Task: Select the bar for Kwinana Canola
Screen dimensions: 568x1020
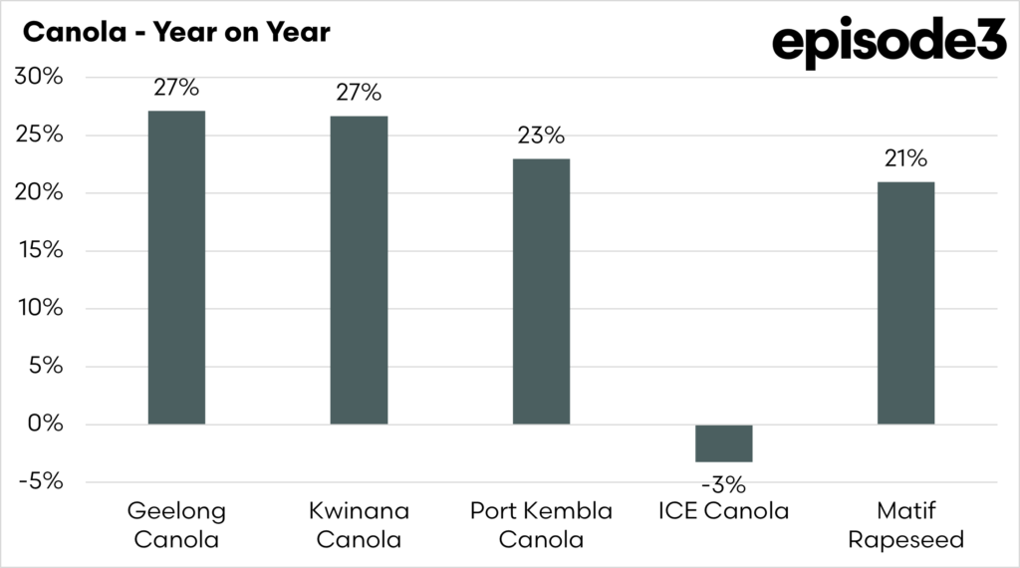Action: (359, 270)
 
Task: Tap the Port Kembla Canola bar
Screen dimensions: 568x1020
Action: (541, 291)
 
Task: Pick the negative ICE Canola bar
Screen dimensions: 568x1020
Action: (723, 442)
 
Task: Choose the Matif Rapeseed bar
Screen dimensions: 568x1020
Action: (905, 303)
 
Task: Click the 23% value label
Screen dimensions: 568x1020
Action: (541, 136)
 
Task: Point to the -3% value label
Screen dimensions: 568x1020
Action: (723, 486)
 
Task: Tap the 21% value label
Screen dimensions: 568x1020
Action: (905, 158)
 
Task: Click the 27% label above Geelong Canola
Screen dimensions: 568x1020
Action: (176, 87)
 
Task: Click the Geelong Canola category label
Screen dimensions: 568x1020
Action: (176, 525)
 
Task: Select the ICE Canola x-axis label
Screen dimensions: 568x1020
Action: (723, 512)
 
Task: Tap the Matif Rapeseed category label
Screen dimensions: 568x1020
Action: (905, 525)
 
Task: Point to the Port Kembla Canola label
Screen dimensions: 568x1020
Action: (541, 525)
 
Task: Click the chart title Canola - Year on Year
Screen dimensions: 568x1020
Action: (175, 32)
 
